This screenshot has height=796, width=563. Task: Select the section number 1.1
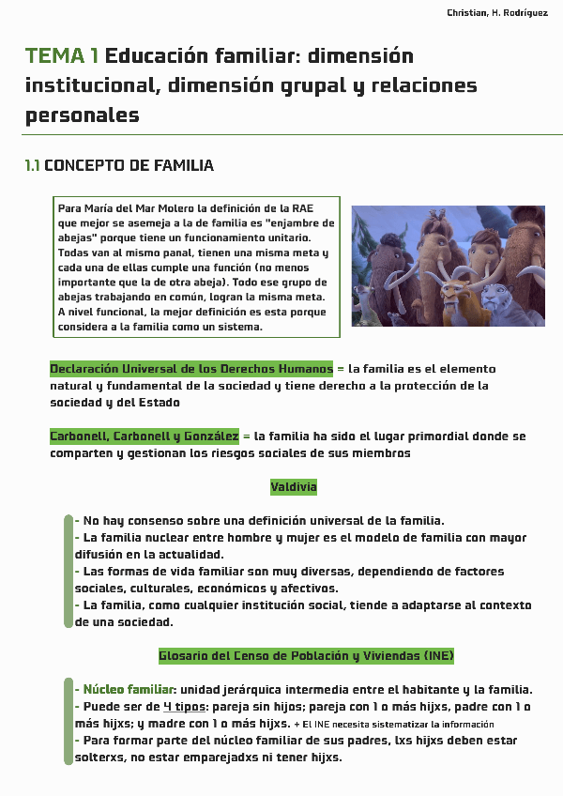click(32, 166)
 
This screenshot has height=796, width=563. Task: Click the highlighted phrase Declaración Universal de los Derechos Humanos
click(191, 369)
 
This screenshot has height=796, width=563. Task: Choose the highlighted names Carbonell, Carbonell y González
click(145, 436)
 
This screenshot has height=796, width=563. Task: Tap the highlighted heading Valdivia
click(294, 487)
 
